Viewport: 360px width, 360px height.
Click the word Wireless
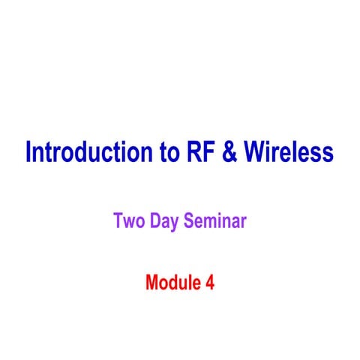pyautogui.click(x=290, y=152)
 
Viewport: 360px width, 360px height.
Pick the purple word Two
pyautogui.click(x=129, y=221)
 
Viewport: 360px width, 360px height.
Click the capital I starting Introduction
pyautogui.click(x=28, y=152)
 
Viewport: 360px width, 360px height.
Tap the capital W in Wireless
pyautogui.click(x=259, y=152)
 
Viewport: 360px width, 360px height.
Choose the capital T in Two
pyautogui.click(x=118, y=221)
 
